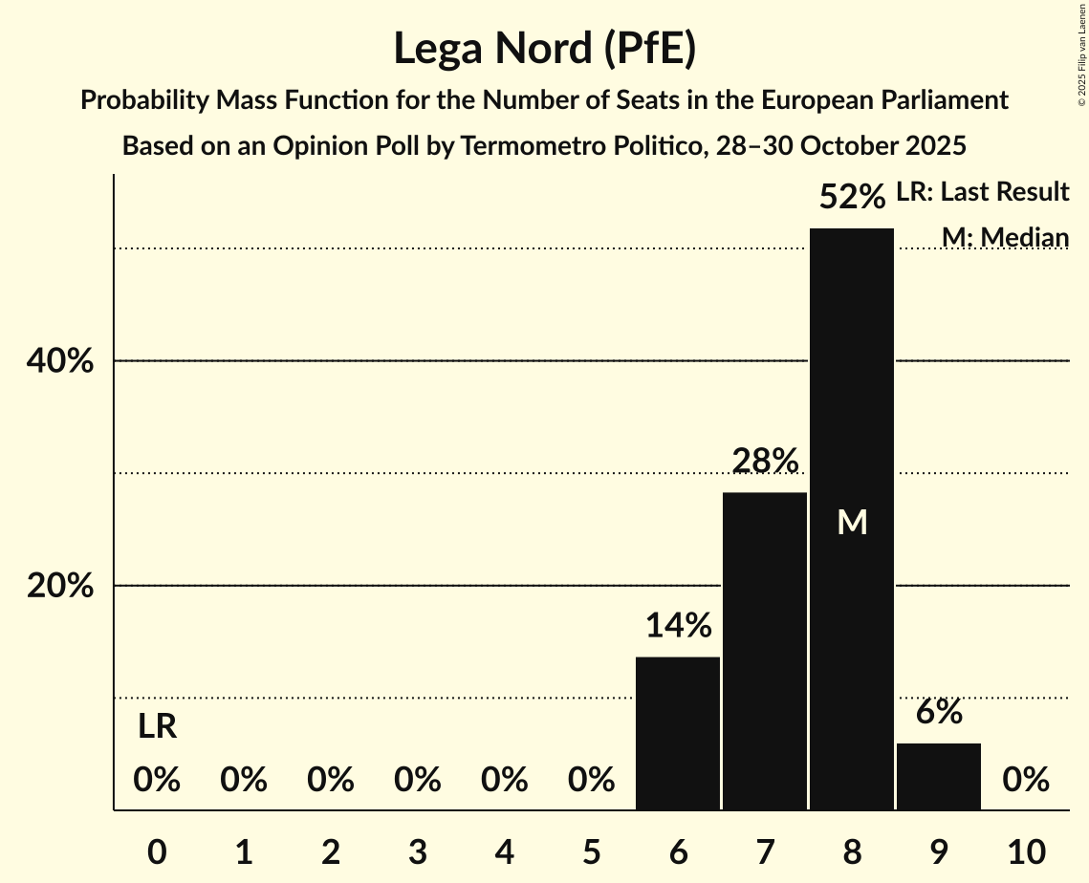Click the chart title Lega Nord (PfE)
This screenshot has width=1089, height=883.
544,50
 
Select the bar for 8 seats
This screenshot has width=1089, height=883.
852,519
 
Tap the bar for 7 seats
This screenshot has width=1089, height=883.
765,651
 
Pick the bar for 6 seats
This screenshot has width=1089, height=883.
678,733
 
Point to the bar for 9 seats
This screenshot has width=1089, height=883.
939,776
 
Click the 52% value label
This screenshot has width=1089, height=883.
852,198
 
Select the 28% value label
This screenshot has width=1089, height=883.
765,462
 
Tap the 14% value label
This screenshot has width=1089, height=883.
678,626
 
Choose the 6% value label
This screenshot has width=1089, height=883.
939,712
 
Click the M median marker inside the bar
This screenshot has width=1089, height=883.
852,522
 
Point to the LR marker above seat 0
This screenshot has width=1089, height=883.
157,727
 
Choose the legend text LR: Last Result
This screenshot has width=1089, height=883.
982,192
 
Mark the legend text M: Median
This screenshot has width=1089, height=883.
1005,237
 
